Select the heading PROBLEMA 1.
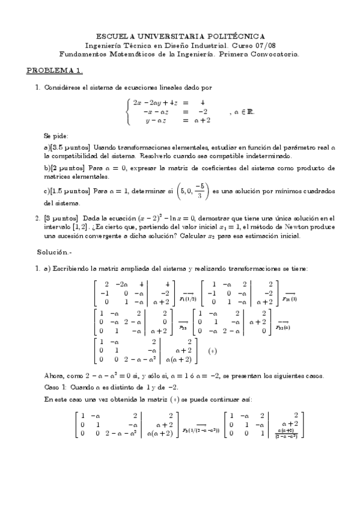coord(54,70)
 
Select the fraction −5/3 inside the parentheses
coord(203,191)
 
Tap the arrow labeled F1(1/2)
coord(188,294)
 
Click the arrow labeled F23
coord(183,324)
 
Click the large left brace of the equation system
coord(127,112)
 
